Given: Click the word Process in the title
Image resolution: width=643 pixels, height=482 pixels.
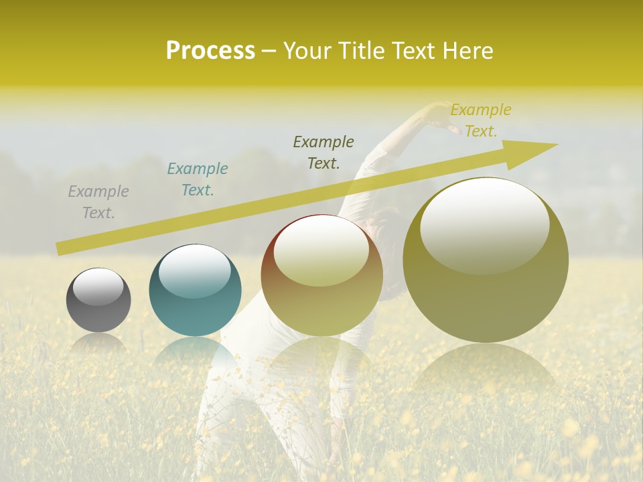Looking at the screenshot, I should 210,51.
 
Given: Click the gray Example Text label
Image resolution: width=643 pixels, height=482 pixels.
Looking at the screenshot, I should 98,202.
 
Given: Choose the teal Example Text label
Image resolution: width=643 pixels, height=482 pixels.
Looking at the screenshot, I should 198,179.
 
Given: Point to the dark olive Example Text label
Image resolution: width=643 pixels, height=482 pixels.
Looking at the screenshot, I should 324,152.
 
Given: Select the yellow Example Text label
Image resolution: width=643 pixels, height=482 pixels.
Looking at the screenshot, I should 480,120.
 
